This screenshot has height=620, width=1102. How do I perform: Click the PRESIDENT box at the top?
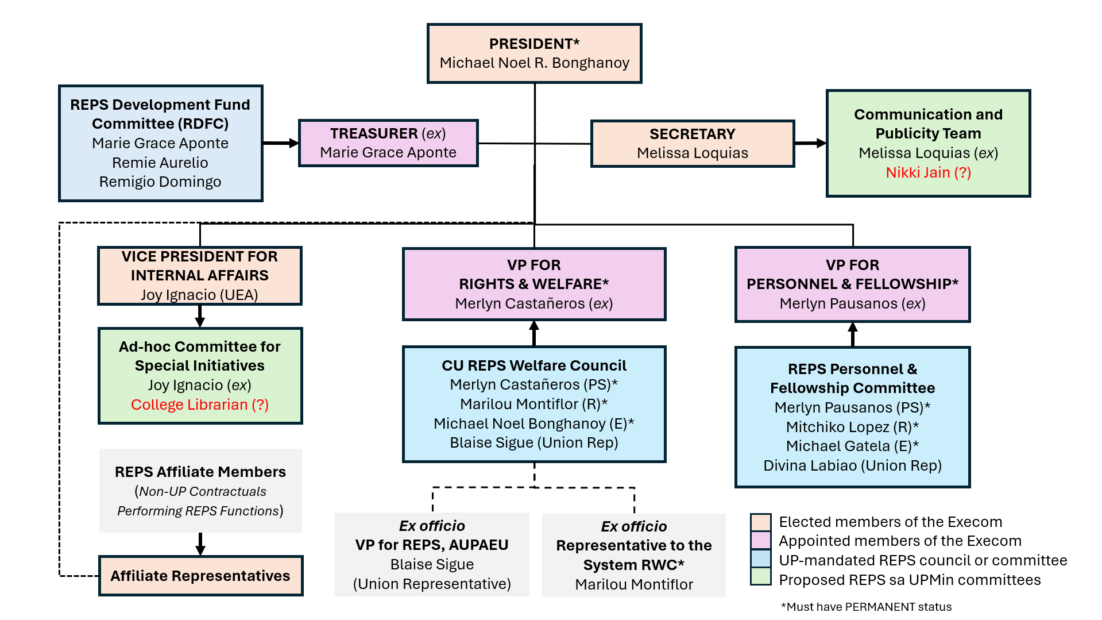534,53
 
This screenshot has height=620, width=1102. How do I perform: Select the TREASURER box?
388,143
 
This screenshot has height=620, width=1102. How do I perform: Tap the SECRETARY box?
692,144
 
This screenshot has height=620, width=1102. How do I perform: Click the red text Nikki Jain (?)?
928,172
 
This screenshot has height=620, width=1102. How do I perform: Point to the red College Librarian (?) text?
199,405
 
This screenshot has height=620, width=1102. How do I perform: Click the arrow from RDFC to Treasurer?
281,143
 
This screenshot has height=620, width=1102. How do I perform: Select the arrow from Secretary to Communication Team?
810,143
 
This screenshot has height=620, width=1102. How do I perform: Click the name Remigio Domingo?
160,182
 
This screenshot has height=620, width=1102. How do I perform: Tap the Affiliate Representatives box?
200,576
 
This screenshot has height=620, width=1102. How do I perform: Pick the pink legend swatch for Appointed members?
761,541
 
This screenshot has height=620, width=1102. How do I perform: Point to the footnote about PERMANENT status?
866,607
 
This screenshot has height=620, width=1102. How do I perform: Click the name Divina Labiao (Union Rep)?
852,465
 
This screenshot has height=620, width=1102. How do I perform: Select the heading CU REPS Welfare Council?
533,365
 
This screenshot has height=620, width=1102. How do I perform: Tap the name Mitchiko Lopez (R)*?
852,427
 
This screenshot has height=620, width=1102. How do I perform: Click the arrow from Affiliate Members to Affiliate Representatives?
200,544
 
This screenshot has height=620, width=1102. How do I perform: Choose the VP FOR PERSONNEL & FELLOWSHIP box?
852,284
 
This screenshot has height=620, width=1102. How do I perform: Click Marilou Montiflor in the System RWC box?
634,584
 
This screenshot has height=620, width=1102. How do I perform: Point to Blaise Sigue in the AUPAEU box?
432,564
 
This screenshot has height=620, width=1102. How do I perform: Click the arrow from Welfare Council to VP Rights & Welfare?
534,333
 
